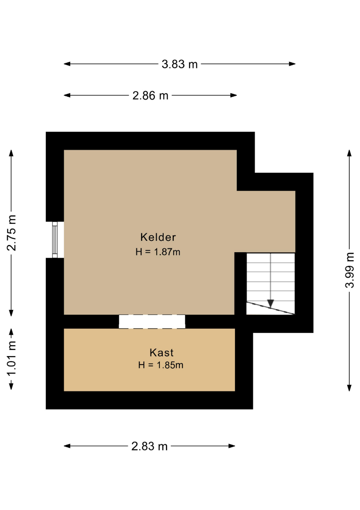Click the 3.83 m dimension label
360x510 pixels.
(179, 64)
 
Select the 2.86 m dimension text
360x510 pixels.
(151, 95)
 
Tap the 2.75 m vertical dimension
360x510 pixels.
(11, 233)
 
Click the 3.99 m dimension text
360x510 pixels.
(350, 270)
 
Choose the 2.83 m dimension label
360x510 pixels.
(150, 446)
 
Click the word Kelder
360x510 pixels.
(158, 237)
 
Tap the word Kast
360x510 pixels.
(161, 353)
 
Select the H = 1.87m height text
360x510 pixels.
(158, 252)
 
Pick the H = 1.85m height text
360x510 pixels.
(160, 365)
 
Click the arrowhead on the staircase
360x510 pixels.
(271, 304)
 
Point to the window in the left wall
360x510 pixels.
(55, 240)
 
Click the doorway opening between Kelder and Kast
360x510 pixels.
(152, 322)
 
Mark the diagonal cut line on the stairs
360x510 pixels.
(271, 308)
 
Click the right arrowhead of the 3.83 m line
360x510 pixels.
(292, 64)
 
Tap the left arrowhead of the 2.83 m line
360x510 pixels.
(67, 446)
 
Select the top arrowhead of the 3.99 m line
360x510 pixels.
(349, 153)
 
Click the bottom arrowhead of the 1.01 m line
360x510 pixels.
(11, 386)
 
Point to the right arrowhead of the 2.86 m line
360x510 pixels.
(233, 95)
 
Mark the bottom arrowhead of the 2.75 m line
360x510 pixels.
(11, 313)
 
